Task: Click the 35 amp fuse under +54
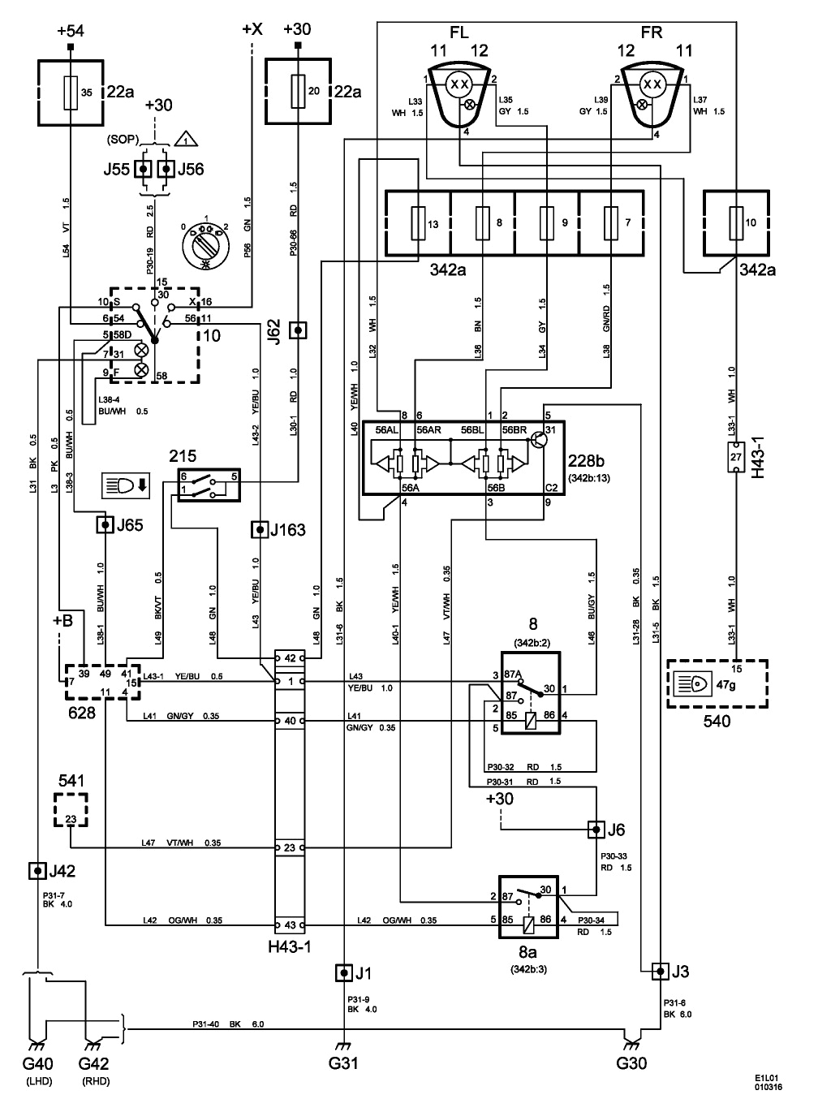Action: (x=74, y=92)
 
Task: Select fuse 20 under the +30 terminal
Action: (x=299, y=92)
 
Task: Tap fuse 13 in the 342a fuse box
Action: (x=418, y=223)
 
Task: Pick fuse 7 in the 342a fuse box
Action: (x=613, y=223)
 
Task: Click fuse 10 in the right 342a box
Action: (x=737, y=223)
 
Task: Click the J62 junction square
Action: (x=299, y=330)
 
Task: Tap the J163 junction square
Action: (x=260, y=531)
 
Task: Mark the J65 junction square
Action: (x=104, y=525)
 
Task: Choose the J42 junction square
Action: (x=37, y=871)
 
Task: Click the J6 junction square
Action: (x=596, y=830)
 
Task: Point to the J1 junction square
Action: (x=344, y=972)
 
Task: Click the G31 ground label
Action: (x=344, y=1062)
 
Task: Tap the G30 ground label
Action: (x=631, y=1062)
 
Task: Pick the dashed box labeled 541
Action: (x=71, y=810)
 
